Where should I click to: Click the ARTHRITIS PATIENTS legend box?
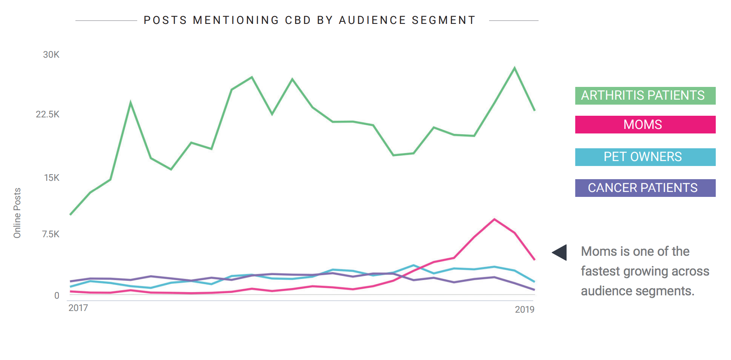point(645,96)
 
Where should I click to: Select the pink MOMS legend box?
point(645,124)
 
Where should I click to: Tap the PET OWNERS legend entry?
point(645,157)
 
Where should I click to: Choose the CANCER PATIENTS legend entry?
point(645,188)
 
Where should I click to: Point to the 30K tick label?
point(51,55)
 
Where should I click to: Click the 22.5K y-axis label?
point(47,115)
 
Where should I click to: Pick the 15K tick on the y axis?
point(52,178)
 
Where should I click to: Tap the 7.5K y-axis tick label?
point(50,234)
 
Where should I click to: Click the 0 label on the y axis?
point(57,295)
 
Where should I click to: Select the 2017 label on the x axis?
point(78,308)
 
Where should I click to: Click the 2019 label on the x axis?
point(524,310)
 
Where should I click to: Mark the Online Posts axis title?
point(17,213)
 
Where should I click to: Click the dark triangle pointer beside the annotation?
point(560,252)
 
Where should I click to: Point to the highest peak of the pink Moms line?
point(494,220)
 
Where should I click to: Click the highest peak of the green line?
point(514,68)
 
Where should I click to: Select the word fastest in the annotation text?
point(600,271)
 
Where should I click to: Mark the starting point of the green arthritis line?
point(70,215)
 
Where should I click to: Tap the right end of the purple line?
point(534,290)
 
